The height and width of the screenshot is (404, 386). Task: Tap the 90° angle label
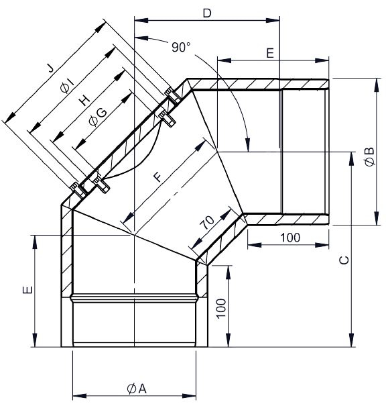181,47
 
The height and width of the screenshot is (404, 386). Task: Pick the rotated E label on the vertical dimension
25,290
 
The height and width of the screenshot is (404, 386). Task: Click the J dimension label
50,68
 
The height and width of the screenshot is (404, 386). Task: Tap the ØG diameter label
97,117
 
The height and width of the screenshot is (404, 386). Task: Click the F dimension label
157,176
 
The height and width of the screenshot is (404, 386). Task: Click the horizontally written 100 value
289,238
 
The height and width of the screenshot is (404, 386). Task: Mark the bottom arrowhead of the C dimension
351,344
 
